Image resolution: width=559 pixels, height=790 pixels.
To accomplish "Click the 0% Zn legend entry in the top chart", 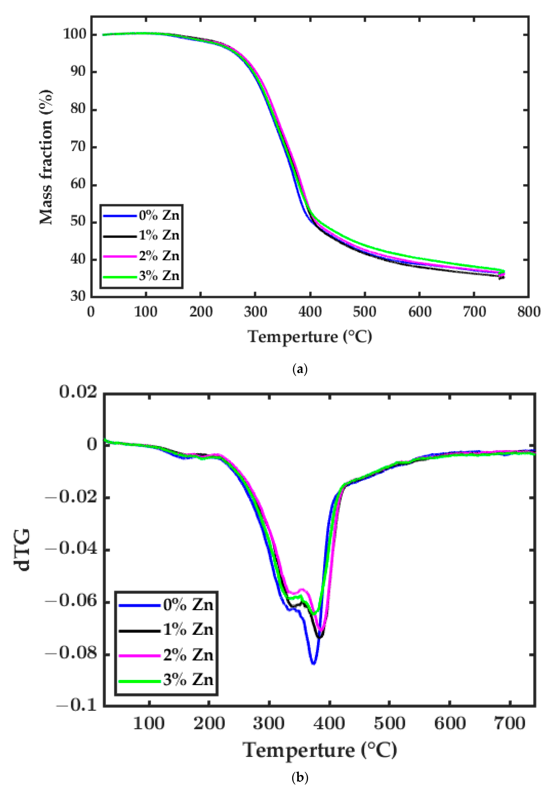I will pos(159,215).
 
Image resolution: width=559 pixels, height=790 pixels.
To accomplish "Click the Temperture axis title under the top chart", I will pos(310,336).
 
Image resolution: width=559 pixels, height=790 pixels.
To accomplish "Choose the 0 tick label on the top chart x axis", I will pos(91,312).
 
